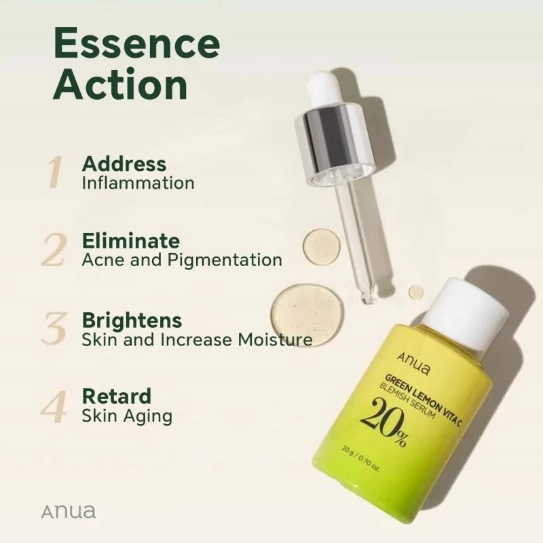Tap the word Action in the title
(x=120, y=84)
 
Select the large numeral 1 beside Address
(x=55, y=172)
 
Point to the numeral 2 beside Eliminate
(x=53, y=249)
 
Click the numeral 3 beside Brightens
(x=54, y=328)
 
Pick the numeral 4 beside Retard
(x=53, y=406)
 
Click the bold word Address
(x=124, y=164)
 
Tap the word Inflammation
(x=138, y=183)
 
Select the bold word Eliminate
(x=131, y=241)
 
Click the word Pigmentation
(x=225, y=261)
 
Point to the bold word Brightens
(x=132, y=321)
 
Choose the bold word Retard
(x=117, y=396)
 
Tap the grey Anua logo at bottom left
(x=69, y=512)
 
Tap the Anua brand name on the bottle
(x=413, y=363)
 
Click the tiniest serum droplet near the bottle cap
(x=416, y=292)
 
